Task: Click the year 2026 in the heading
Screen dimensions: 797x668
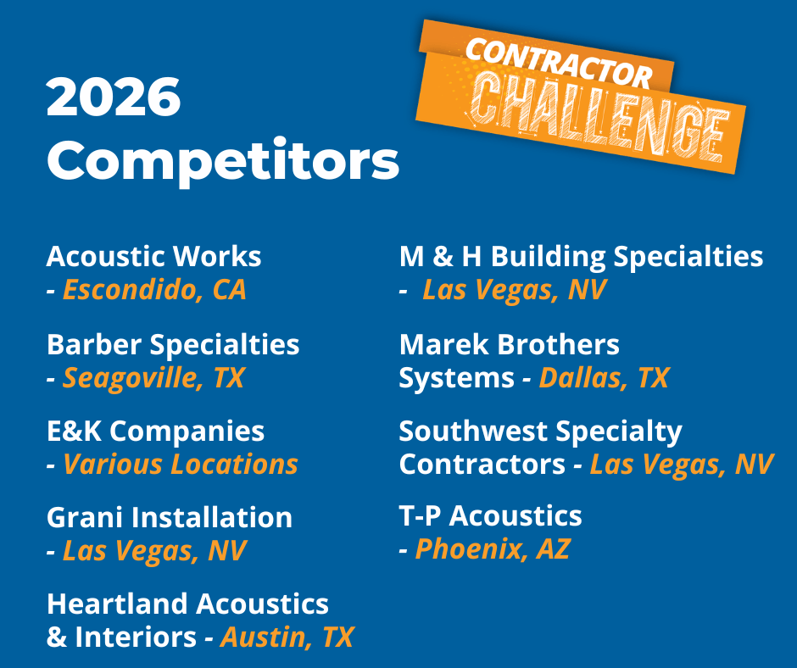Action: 114,97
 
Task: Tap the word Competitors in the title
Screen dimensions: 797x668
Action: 223,161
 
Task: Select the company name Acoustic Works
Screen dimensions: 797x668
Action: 154,256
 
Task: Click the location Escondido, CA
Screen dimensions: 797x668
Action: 154,290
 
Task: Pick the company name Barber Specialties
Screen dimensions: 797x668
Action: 173,346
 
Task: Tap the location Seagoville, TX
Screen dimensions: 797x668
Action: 153,378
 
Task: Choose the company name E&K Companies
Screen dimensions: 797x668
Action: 155,431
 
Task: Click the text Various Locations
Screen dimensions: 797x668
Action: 181,465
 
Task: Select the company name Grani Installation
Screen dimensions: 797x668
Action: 170,517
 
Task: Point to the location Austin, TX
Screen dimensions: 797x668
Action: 287,637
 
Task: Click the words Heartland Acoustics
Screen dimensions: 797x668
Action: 187,604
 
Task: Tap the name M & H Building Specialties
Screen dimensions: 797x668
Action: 581,257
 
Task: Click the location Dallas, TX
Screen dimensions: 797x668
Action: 604,378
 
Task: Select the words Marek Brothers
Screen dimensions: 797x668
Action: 510,345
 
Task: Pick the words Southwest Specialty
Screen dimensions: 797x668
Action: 540,432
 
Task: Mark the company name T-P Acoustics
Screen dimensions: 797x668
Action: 491,515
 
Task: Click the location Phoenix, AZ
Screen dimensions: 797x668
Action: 493,549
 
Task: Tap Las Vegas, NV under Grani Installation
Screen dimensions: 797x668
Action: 154,551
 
